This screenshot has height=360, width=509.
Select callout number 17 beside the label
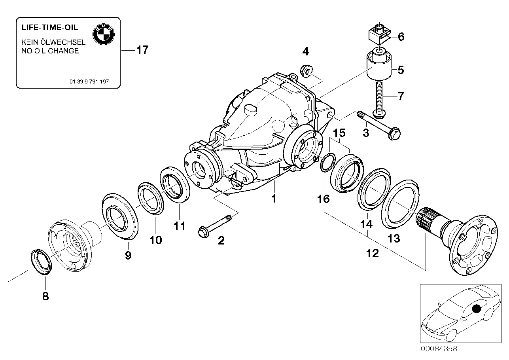tap(142, 50)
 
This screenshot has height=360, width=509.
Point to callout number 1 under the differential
tap(273, 198)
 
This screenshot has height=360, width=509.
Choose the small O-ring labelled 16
tap(327, 163)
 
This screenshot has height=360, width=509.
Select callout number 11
tap(180, 226)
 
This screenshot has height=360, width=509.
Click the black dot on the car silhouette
tap(477, 308)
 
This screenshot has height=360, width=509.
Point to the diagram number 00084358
tap(438, 349)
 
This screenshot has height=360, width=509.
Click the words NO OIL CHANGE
tap(50, 51)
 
